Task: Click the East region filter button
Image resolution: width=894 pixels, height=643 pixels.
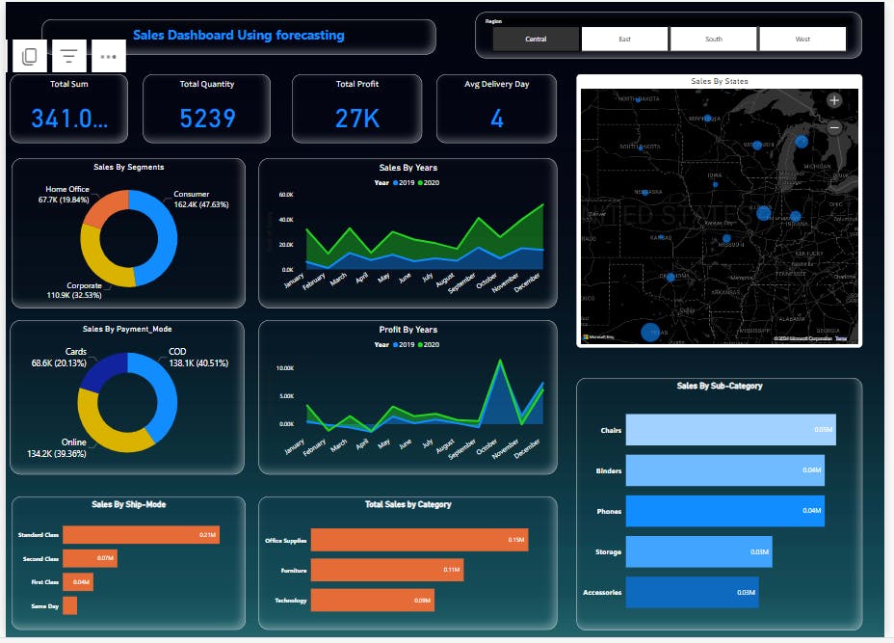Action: (624, 40)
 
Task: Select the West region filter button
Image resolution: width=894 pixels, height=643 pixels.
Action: (802, 40)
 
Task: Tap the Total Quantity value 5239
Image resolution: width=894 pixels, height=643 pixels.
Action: (207, 119)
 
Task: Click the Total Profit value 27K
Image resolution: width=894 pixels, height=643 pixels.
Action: (357, 119)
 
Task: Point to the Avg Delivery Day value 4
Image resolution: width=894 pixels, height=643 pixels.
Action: (496, 119)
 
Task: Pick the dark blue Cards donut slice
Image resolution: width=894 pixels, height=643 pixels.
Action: (101, 372)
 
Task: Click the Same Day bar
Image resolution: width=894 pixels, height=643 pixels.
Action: (69, 605)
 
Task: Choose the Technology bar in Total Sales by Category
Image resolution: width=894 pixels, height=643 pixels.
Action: (372, 601)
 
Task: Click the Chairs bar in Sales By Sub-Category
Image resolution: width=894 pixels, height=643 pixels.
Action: (730, 430)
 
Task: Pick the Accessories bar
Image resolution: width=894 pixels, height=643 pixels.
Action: (692, 592)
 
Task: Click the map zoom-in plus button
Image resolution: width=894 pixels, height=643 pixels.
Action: (834, 100)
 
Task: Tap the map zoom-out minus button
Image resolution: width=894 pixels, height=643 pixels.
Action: (834, 127)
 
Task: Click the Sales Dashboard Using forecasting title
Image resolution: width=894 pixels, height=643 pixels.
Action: (238, 36)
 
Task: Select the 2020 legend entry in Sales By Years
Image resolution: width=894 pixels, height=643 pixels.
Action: (431, 181)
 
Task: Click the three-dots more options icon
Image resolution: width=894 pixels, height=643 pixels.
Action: (108, 57)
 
